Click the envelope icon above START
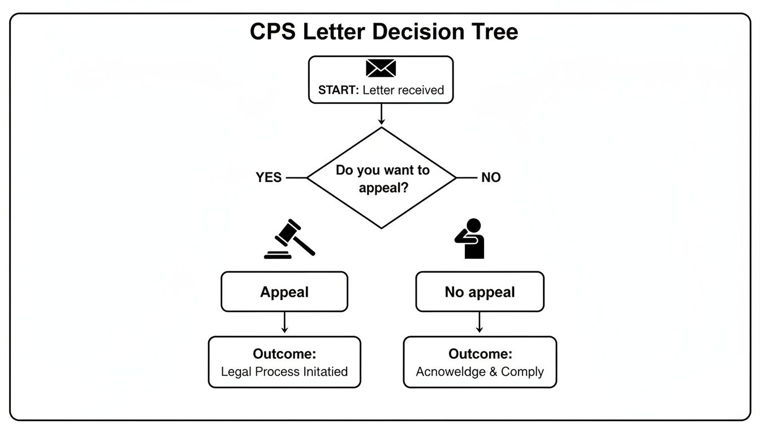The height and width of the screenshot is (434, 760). tap(381, 68)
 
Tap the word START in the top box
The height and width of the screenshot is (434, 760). tap(338, 90)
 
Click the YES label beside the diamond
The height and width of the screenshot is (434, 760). tap(269, 177)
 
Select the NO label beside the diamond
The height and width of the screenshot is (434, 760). tap(491, 177)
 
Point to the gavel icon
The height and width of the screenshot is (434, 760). tap(289, 239)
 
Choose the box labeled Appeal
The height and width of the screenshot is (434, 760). tap(284, 292)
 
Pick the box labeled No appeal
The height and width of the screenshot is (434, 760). tap(480, 292)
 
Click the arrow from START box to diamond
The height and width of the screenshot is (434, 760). tap(381, 114)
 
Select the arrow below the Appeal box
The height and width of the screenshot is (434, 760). tap(284, 323)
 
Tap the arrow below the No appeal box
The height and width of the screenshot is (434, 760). tap(480, 323)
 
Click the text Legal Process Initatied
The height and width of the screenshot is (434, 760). tap(284, 372)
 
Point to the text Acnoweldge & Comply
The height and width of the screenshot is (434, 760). tap(480, 372)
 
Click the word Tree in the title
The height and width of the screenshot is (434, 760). tap(493, 32)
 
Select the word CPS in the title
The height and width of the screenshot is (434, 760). tap(274, 32)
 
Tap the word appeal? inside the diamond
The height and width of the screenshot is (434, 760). tap(383, 188)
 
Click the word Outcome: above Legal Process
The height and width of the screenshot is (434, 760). tap(284, 354)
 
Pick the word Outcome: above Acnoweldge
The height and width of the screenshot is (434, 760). tap(480, 354)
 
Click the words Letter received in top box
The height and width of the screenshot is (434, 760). tap(403, 90)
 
